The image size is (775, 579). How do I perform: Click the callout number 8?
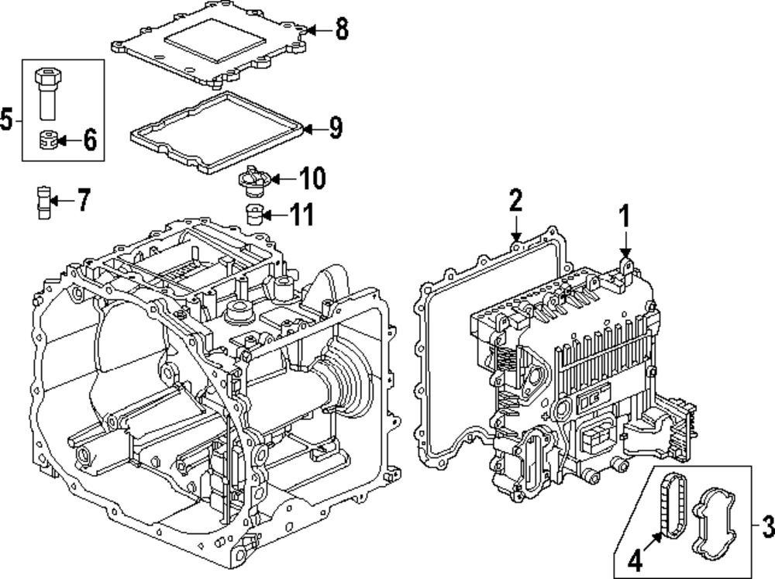coord(341,30)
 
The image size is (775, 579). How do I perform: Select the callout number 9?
coord(335,128)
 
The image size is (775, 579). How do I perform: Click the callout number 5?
coord(7,119)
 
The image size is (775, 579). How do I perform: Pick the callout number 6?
coord(89,141)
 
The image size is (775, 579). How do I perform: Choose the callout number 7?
coord(82,202)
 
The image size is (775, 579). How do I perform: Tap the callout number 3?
coord(767,529)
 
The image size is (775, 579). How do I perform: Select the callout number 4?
coord(633,558)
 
